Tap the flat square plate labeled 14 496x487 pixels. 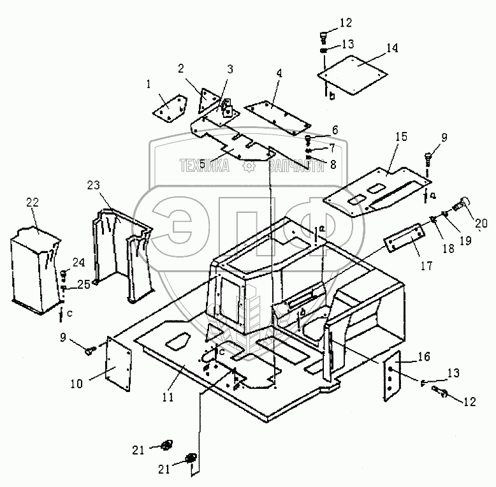(354, 70)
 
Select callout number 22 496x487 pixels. (33, 203)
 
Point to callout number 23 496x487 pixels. (94, 185)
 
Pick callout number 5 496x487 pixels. (202, 164)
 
